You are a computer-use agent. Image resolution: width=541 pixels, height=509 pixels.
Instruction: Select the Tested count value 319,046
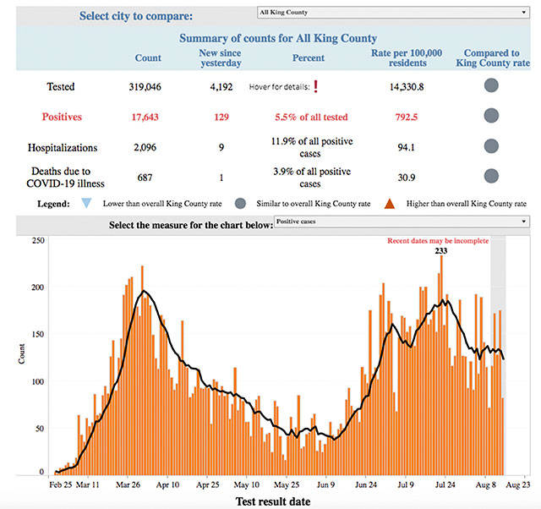tap(148, 86)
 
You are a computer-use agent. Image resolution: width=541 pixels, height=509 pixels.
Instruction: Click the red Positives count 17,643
tap(148, 116)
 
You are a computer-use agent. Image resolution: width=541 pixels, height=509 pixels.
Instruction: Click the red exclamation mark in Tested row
tap(315, 86)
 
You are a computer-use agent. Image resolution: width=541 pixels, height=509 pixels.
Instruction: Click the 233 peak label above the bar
tap(441, 250)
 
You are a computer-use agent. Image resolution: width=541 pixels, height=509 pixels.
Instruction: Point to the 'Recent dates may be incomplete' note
tap(438, 240)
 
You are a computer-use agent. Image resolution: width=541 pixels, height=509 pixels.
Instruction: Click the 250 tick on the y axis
tap(37, 241)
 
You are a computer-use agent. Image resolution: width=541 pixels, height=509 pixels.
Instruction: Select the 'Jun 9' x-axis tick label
tap(325, 485)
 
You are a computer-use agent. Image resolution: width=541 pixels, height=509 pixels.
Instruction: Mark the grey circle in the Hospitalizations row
tap(491, 146)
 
